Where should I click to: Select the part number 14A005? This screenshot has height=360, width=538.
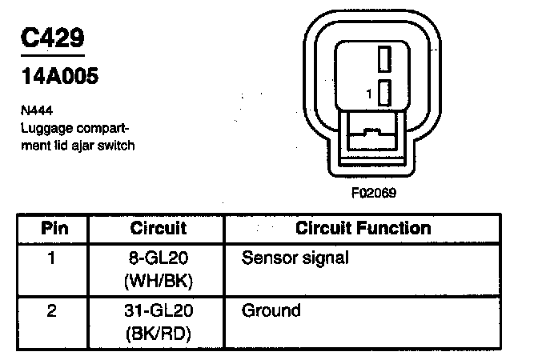[60, 78]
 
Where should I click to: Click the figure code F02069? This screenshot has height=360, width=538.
[374, 193]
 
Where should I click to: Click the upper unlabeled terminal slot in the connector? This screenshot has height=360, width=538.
[384, 59]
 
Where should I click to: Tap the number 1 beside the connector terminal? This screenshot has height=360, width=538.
[368, 94]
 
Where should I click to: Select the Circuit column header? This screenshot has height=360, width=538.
[159, 228]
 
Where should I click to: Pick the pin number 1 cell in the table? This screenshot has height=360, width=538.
[53, 259]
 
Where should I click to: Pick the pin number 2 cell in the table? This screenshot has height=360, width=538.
[53, 310]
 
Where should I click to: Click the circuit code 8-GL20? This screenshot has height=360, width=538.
[159, 259]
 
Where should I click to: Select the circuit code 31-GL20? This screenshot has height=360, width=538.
[159, 310]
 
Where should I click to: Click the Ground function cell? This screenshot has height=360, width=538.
[271, 310]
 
